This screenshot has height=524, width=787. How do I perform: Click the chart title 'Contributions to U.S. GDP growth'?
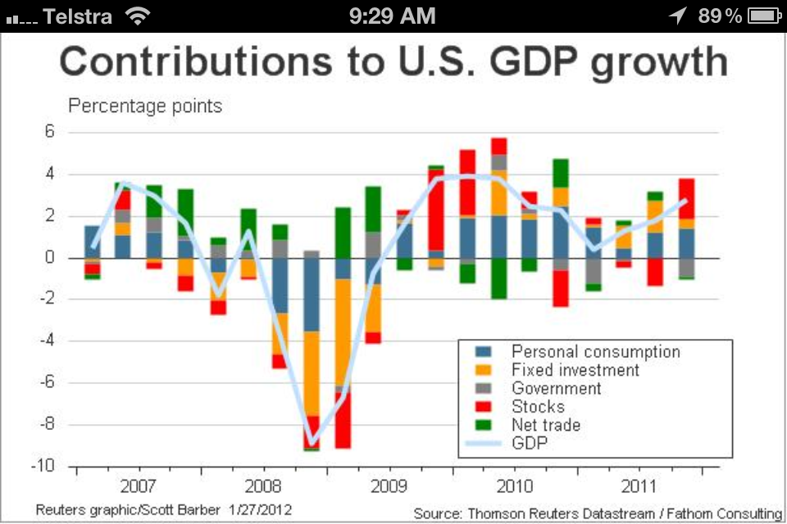click(393, 62)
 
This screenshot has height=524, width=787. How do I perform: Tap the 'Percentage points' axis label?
click(145, 106)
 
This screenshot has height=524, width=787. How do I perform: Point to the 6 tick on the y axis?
click(49, 133)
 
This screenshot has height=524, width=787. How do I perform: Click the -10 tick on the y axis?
click(44, 467)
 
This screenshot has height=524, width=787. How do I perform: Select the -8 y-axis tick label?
click(48, 425)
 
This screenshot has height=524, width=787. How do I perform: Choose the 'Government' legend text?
click(557, 389)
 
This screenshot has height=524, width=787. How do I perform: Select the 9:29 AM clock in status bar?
click(392, 16)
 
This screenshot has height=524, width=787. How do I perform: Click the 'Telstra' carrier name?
click(77, 16)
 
